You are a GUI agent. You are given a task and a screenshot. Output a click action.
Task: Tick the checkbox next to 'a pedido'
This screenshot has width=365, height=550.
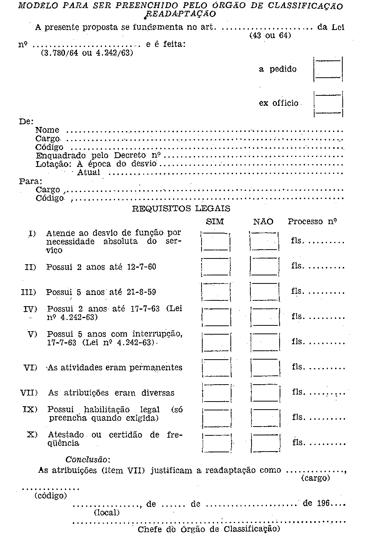[328, 69]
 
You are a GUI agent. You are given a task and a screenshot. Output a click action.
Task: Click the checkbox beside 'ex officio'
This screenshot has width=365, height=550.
[328, 103]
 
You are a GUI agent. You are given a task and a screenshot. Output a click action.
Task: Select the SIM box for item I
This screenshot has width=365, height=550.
[216, 242]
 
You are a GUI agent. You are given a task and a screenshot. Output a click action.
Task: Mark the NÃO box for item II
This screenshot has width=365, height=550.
[264, 267]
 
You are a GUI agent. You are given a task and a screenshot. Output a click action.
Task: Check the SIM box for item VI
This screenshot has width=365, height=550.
[217, 368]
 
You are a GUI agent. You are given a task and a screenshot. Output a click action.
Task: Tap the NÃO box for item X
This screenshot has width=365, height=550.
[265, 443]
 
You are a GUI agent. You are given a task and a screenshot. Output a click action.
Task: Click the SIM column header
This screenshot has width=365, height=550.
[215, 222]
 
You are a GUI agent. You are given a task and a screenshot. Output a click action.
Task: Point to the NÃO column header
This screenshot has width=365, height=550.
[263, 222]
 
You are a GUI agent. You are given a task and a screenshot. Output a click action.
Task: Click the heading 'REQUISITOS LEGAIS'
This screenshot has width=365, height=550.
[181, 209]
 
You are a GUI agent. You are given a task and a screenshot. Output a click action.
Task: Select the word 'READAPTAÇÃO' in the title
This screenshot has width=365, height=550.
[181, 14]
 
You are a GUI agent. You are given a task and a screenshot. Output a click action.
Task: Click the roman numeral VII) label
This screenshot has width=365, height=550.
[29, 393]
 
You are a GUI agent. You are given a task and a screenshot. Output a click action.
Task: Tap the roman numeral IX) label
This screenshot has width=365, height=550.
[30, 409]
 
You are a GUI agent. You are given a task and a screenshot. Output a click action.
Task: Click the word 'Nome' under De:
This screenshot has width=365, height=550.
[47, 130]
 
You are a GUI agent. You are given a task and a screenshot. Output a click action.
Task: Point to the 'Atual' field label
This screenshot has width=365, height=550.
[88, 172]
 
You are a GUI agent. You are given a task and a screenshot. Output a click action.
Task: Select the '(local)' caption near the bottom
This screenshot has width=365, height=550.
[107, 513]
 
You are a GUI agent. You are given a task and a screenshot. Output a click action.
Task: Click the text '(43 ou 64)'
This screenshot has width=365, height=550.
[270, 35]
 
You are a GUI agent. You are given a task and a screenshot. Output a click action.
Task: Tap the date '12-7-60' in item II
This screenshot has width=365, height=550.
[141, 267]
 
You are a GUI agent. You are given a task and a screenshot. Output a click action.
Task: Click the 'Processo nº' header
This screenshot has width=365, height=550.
[312, 222]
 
